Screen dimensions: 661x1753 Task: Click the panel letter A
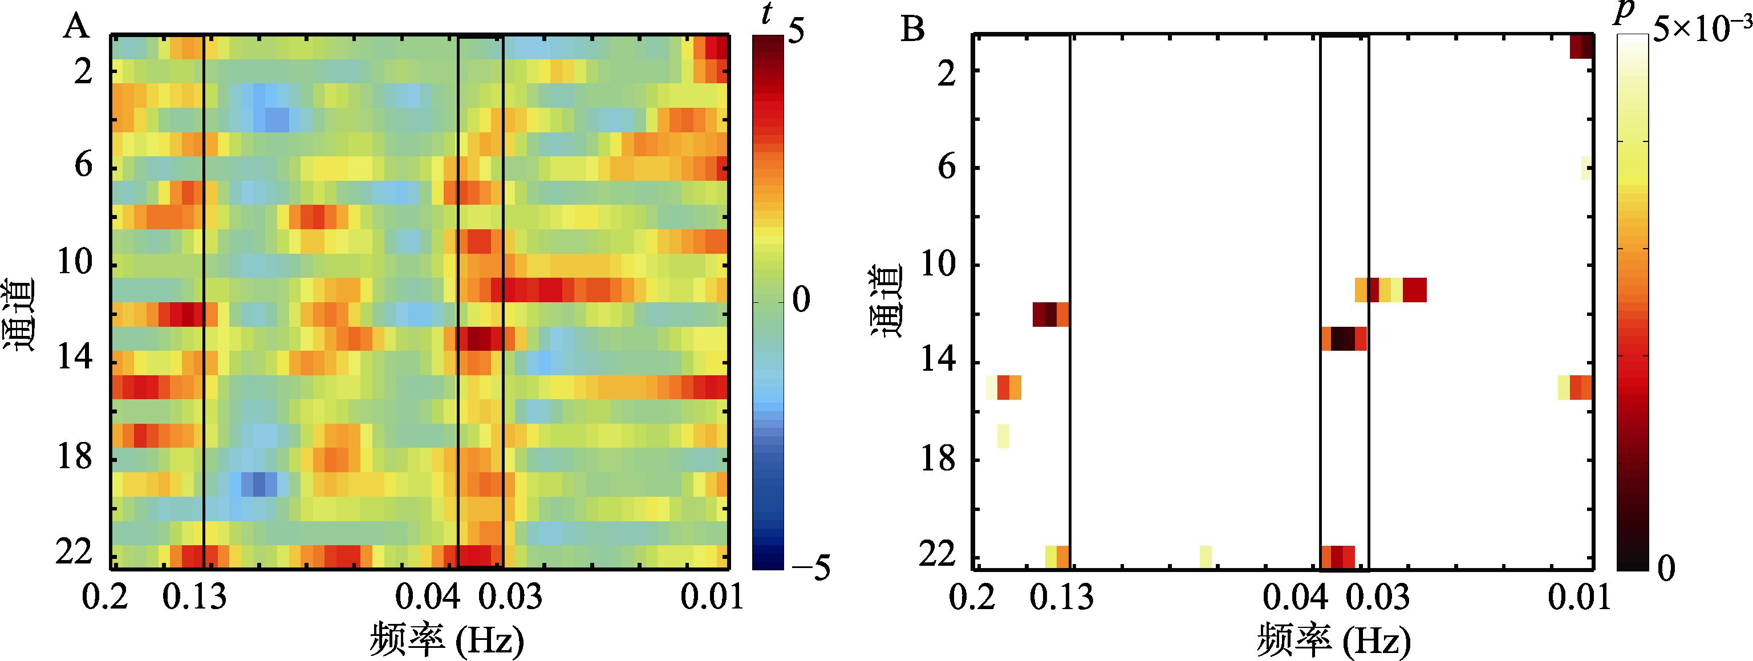pos(76,27)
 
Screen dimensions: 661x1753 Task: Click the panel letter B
pos(912,29)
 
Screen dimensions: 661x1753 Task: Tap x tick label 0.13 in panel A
pos(194,597)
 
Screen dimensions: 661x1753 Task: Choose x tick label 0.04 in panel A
pos(427,597)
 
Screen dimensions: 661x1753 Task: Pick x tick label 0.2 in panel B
pos(972,597)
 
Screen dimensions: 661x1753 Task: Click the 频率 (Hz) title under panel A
pos(447,640)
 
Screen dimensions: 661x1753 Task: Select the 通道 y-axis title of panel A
pos(19,314)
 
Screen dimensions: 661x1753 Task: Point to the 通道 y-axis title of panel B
pos(886,301)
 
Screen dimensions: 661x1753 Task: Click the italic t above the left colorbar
pos(768,14)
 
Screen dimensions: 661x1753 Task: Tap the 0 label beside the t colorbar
pos(802,299)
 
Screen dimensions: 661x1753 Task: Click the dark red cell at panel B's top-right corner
pos(1581,46)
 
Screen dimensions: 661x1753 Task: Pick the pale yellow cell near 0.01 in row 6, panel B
pos(1587,168)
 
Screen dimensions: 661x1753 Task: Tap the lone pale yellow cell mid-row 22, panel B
pos(1205,556)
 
